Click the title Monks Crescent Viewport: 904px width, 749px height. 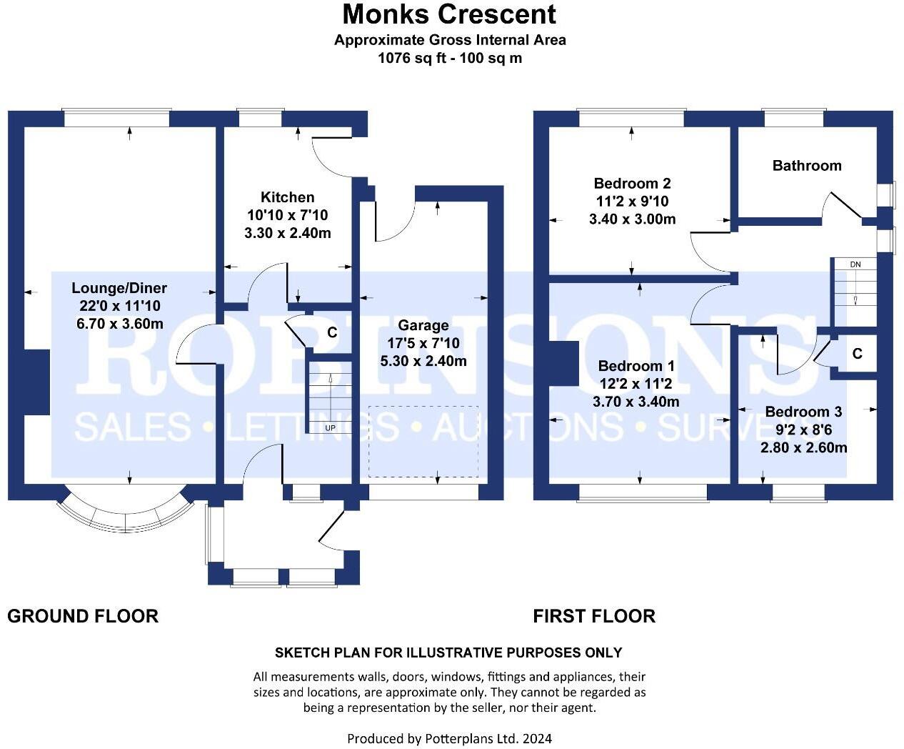coord(449,14)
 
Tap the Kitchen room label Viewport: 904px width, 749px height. coord(287,197)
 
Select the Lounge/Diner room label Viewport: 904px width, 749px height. coord(119,288)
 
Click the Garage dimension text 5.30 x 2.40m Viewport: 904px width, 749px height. coord(423,361)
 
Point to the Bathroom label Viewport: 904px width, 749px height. coord(807,166)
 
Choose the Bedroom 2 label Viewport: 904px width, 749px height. coord(632,184)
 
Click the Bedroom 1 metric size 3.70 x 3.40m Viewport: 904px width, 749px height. coord(636,402)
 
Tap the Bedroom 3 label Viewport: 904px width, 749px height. coord(803,412)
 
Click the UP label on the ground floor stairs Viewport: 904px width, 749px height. coord(330,428)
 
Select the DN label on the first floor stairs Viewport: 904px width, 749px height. coord(855,264)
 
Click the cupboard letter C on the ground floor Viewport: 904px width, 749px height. coord(332,332)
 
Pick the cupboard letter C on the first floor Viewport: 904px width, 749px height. coord(857,354)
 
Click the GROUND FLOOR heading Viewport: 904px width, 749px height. coord(83,616)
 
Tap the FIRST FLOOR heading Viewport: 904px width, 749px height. coord(594,616)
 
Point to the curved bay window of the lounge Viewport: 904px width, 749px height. coord(125,519)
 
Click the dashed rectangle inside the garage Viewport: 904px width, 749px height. coord(423,441)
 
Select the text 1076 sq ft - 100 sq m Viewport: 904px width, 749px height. coord(450,59)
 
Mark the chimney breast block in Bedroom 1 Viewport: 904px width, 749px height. coord(563,364)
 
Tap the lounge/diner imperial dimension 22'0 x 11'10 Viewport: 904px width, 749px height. coord(120,306)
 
